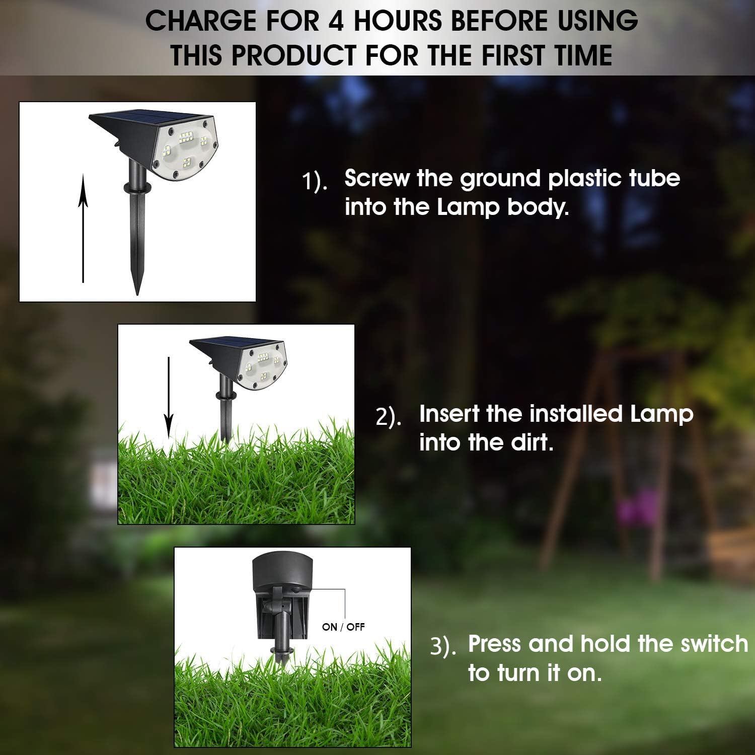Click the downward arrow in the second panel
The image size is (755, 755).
169,398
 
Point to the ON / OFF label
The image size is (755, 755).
343,627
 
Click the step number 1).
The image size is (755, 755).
315,182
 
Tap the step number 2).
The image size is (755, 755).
389,417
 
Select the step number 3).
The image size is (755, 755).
443,647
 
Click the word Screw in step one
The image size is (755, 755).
376,178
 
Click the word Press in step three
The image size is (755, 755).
495,644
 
